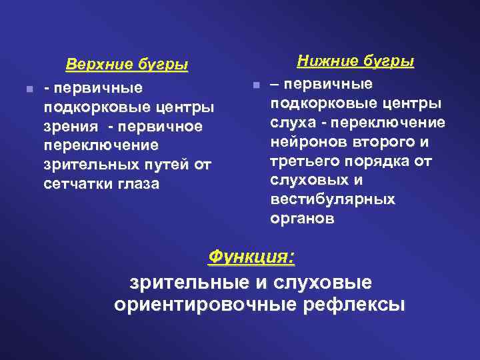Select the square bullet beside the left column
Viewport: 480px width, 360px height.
[x=23, y=89]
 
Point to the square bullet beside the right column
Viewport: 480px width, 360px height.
[x=255, y=86]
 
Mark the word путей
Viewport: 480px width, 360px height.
[x=159, y=164]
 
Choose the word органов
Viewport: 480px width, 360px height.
[x=299, y=219]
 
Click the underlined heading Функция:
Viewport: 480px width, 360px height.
[x=252, y=257]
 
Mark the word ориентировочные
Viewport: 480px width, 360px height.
[x=205, y=305]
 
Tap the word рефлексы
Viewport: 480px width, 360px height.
[x=353, y=305]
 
